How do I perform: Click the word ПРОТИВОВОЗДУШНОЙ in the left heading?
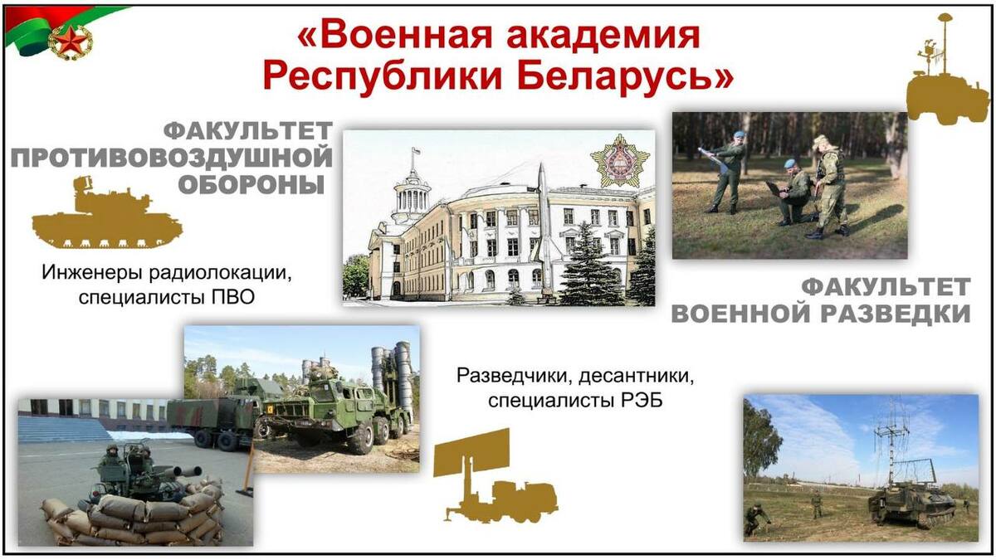(172, 158)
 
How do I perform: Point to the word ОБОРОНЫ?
(251, 184)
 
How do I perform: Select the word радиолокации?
(221, 273)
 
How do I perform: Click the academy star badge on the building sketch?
(620, 160)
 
